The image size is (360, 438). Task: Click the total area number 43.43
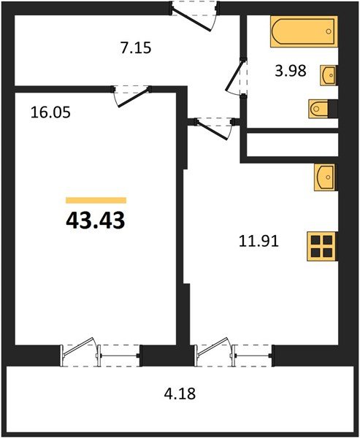(96, 220)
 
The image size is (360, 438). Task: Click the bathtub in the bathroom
(305, 33)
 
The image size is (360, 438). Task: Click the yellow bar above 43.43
(96, 200)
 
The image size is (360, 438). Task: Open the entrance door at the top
(196, 15)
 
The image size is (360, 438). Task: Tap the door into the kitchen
(212, 129)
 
